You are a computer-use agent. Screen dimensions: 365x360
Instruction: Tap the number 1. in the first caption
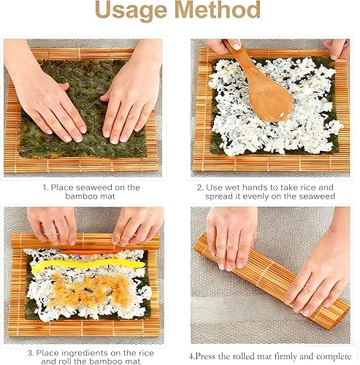tap(47, 188)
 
